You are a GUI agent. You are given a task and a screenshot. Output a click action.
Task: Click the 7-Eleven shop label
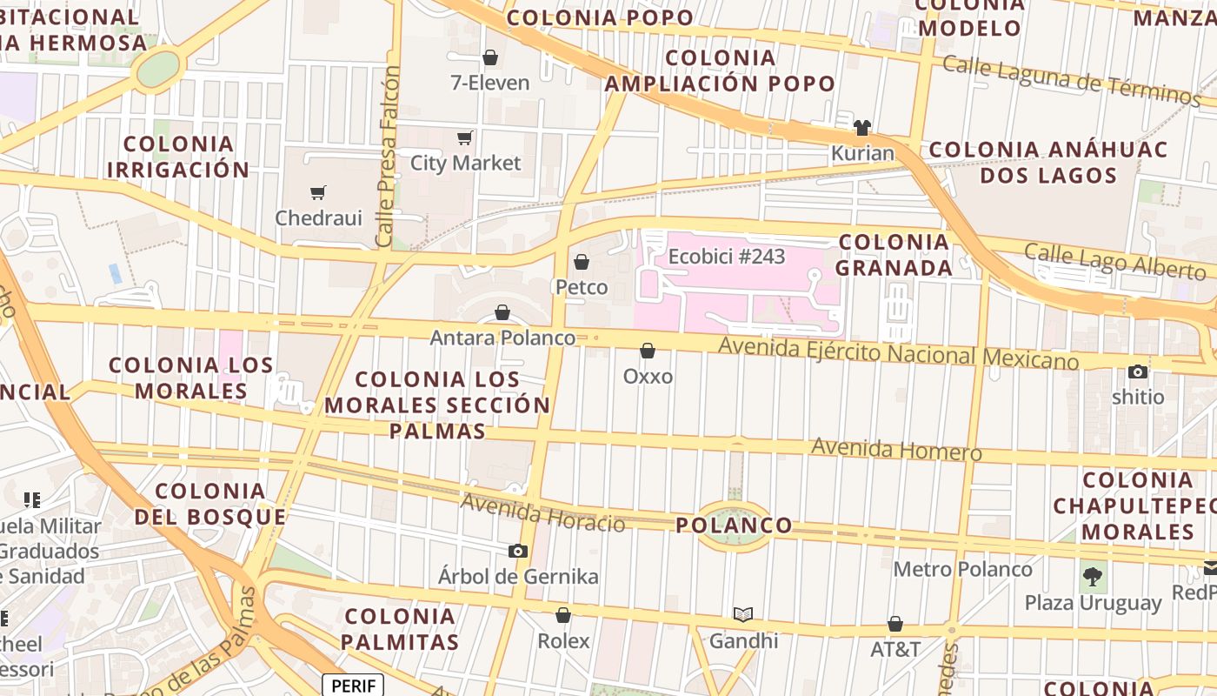[489, 83]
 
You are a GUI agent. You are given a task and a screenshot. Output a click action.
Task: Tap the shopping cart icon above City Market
[465, 137]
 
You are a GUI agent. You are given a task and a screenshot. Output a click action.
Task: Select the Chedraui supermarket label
[318, 217]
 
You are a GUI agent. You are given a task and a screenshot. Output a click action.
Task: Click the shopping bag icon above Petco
[582, 262]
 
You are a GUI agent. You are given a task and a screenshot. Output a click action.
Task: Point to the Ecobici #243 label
[726, 257]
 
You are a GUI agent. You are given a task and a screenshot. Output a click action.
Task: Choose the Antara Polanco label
[502, 338]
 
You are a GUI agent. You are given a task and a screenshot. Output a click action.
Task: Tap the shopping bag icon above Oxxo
[648, 351]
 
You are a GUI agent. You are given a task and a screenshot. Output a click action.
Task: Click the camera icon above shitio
[1137, 371]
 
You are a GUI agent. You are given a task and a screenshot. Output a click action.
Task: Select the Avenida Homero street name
[896, 450]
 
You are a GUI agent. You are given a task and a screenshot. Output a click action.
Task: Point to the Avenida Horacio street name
[542, 512]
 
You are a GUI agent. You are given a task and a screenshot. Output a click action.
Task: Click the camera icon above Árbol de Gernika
[518, 551]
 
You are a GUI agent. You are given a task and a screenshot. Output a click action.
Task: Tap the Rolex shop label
[563, 641]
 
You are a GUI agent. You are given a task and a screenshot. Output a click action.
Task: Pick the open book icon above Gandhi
[743, 615]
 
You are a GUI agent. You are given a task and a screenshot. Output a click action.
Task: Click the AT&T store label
[895, 649]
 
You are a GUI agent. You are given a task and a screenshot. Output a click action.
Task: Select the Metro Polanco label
[963, 570]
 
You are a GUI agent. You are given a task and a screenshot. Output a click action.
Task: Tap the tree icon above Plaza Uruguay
[1093, 576]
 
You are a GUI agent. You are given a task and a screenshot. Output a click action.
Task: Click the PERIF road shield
[353, 686]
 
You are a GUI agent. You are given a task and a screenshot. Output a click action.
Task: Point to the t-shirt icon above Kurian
[861, 128]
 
